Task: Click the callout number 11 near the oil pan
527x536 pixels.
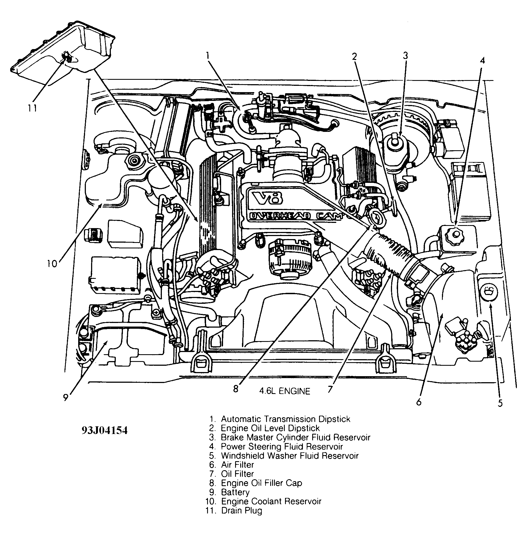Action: tap(32, 107)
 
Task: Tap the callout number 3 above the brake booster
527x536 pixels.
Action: tap(405, 56)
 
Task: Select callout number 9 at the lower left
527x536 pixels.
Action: tap(66, 398)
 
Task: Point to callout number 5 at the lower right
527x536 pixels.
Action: tap(500, 403)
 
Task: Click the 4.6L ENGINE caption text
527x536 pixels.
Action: tap(284, 391)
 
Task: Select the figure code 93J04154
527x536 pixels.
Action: tap(104, 431)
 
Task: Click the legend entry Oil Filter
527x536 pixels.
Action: tap(237, 474)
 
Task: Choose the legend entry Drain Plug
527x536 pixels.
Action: tap(241, 510)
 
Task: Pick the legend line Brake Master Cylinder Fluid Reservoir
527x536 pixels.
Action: tap(295, 437)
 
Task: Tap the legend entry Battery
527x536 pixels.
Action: tap(235, 492)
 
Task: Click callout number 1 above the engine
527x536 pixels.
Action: tap(208, 56)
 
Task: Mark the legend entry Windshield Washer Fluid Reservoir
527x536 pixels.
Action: tap(289, 455)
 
